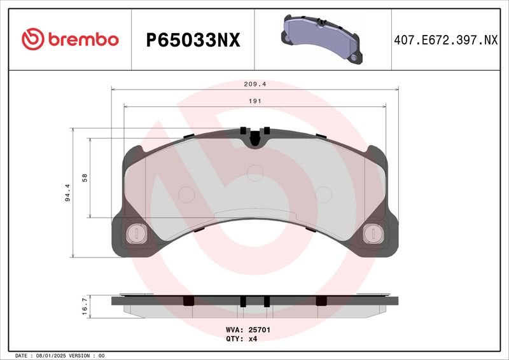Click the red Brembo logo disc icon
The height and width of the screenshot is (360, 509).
point(33,39)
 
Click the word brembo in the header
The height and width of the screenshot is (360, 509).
point(83,39)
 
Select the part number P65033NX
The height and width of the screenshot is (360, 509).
point(193,40)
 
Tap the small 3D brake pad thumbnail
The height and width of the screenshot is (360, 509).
point(322,39)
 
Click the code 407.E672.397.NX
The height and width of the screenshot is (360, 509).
point(446,40)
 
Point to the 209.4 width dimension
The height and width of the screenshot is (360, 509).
point(255,84)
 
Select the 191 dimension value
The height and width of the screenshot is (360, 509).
point(255,101)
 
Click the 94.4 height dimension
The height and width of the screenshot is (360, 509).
point(67,193)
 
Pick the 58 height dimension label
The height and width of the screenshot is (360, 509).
point(85,178)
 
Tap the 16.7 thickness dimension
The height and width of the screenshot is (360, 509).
point(85,307)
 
